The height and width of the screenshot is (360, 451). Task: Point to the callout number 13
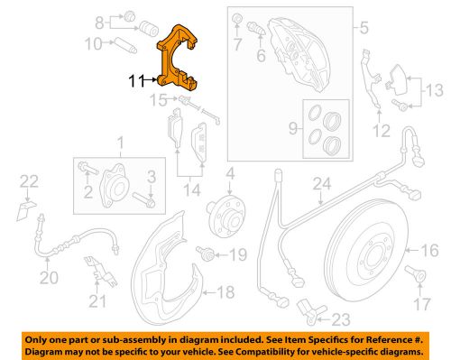tap(435, 89)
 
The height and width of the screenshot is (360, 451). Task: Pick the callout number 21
tap(96, 298)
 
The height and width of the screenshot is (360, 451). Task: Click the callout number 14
tap(191, 190)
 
